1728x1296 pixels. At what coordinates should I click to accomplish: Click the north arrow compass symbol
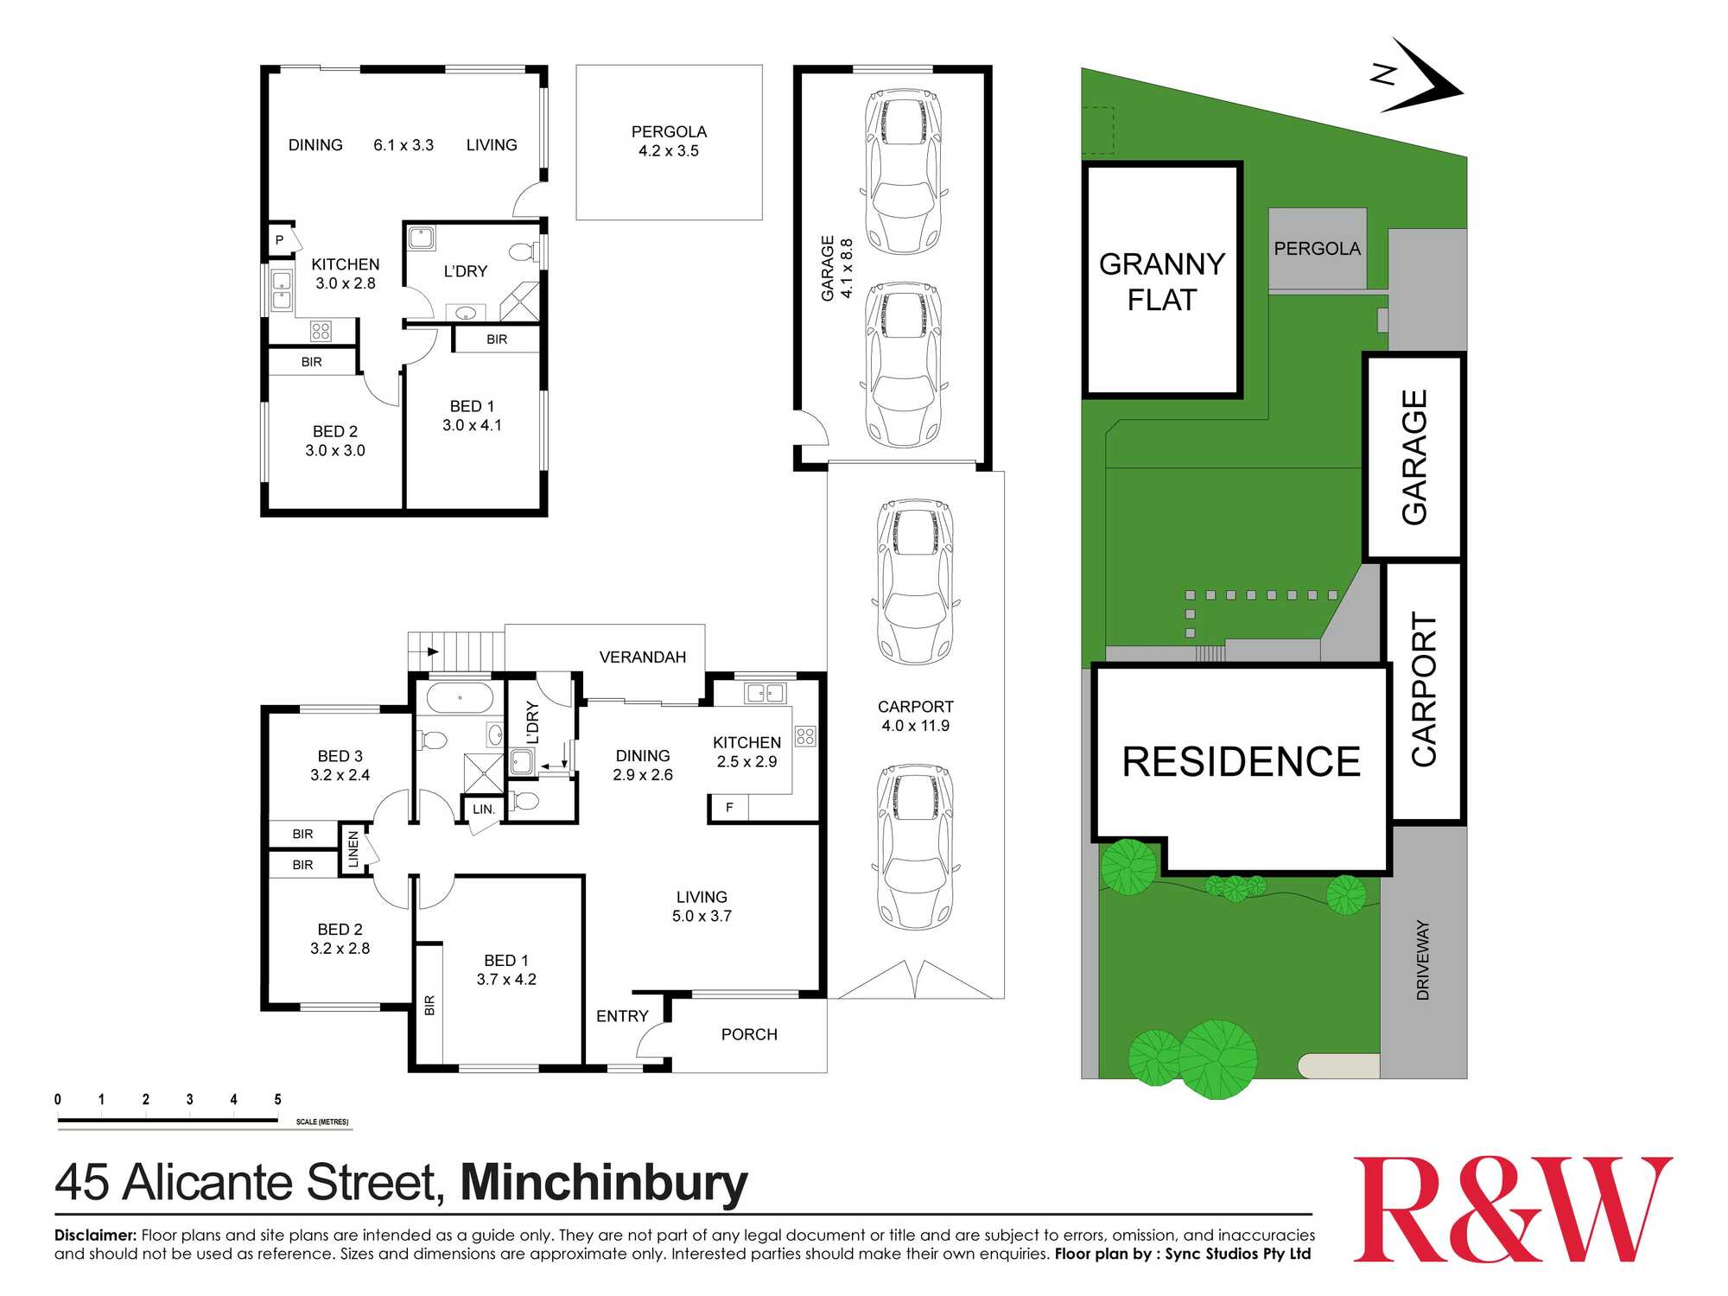1421,78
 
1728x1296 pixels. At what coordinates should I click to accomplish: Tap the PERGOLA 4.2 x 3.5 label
669,141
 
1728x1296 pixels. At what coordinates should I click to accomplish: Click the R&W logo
1512,1210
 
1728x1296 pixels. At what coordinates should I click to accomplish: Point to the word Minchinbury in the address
604,1183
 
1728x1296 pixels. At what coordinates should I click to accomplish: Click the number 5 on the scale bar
277,1100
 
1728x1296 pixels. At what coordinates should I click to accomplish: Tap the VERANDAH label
642,658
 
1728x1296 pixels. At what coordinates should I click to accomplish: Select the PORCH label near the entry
749,1034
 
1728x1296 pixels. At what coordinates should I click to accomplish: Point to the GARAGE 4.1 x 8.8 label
836,269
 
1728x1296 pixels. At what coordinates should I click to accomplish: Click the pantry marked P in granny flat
279,240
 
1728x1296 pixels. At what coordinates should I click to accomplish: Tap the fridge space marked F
729,808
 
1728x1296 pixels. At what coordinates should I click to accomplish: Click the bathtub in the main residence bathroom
460,697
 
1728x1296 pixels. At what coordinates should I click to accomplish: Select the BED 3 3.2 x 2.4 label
340,766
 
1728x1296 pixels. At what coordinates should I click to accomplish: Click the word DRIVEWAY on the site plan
1423,960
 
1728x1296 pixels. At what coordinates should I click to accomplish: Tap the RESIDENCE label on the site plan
1241,762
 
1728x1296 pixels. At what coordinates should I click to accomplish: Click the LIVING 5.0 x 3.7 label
702,906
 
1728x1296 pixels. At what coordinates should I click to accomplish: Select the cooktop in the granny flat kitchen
321,330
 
